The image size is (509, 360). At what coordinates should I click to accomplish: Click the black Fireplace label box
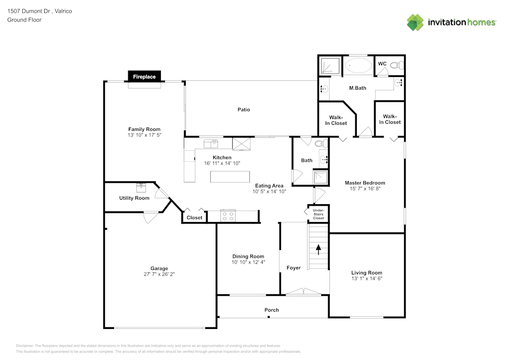click(x=144, y=76)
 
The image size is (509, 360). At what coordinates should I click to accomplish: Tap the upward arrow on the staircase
click(x=319, y=250)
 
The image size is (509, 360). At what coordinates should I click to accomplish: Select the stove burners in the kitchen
click(x=228, y=216)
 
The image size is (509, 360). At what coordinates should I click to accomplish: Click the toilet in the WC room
click(x=397, y=66)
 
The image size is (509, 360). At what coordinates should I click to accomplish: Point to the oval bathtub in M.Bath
click(x=358, y=65)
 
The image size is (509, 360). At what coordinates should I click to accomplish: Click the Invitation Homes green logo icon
click(x=415, y=22)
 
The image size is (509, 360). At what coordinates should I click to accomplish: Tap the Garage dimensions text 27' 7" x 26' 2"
click(x=159, y=274)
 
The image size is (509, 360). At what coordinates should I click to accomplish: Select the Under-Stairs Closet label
click(x=319, y=214)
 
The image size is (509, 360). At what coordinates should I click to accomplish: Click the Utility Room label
click(x=134, y=198)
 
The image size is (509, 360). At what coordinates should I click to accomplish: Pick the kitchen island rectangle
click(x=230, y=177)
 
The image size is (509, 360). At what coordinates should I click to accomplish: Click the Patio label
click(x=244, y=109)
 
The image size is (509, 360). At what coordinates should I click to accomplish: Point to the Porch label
click(x=272, y=310)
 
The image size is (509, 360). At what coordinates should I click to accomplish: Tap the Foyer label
click(x=294, y=268)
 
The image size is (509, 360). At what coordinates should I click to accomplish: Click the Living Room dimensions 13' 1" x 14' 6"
click(x=367, y=279)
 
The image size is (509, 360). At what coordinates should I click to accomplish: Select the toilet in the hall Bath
click(x=321, y=143)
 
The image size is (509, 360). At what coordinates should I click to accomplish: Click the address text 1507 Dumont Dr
click(x=29, y=11)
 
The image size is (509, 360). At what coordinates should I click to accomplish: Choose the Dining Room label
click(x=248, y=257)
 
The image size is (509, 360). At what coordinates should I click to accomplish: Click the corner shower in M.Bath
click(x=330, y=65)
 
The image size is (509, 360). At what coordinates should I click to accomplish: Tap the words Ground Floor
click(x=24, y=20)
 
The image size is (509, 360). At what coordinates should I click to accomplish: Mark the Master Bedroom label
click(x=365, y=183)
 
